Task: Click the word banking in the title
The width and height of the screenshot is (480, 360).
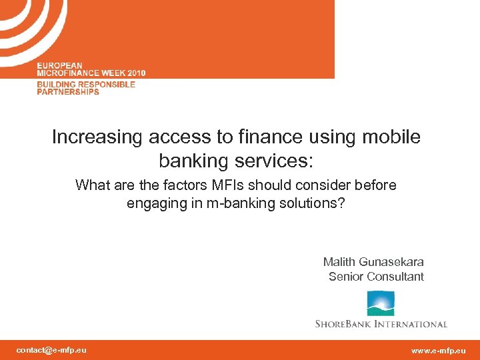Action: pos(193,161)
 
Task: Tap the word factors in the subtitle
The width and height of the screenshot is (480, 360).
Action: pos(160,185)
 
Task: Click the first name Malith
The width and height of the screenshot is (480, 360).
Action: pos(339,262)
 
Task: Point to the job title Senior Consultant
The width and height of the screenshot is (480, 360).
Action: pos(376,277)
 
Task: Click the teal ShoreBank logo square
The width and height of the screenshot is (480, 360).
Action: pos(381,303)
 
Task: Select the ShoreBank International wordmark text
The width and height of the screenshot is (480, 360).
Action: pos(381,324)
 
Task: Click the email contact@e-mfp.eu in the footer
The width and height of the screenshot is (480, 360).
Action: pos(51,350)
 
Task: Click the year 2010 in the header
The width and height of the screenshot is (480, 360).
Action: pos(133,73)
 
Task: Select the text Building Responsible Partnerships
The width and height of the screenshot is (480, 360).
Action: pos(85,88)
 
